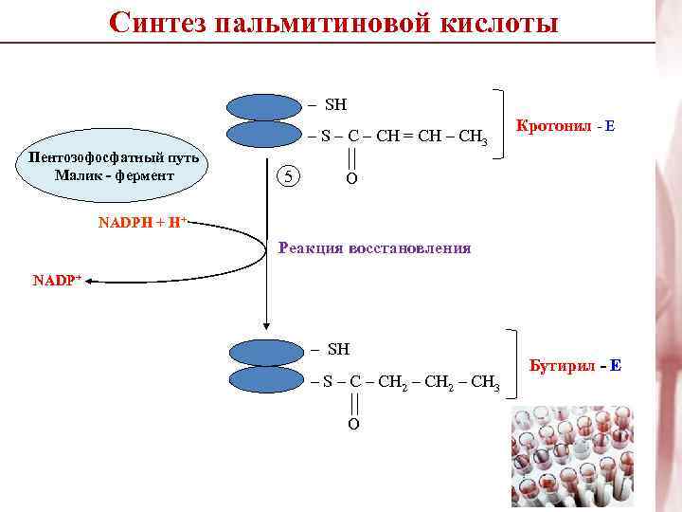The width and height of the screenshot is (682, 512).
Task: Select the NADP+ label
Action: [57, 281]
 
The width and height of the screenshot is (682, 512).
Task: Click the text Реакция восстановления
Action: [374, 248]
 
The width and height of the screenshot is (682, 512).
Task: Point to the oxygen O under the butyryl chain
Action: [353, 424]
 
